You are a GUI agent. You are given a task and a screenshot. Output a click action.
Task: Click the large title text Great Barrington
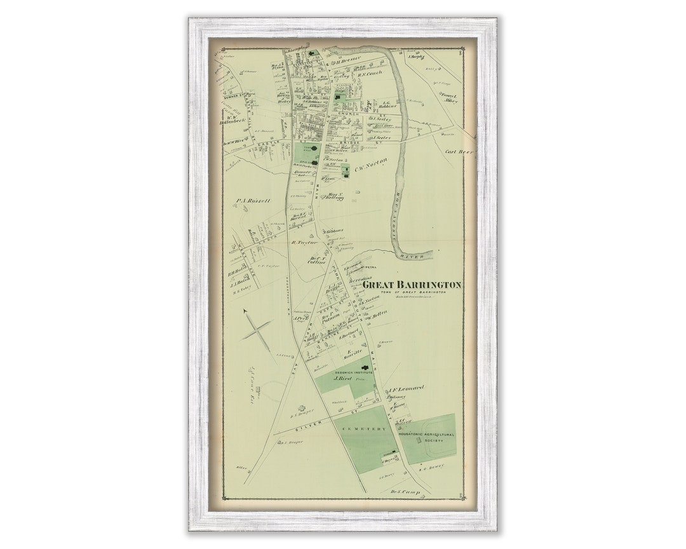(x=412, y=285)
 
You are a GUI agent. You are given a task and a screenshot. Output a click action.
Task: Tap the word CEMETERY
(x=365, y=430)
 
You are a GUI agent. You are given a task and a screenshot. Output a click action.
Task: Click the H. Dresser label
(x=348, y=60)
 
